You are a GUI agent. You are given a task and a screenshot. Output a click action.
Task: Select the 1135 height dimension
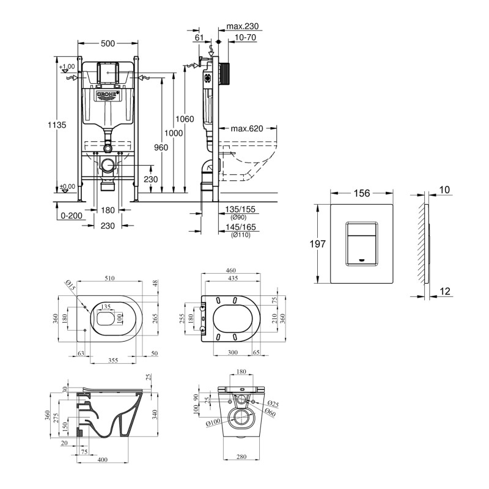57,125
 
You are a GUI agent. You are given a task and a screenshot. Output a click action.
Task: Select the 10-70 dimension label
244,37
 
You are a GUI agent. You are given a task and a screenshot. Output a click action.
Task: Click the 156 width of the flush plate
362,193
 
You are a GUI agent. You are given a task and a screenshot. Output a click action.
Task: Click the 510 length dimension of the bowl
109,278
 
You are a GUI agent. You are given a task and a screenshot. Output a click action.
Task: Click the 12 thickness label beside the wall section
445,292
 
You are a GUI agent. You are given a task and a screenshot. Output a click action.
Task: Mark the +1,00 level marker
67,67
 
